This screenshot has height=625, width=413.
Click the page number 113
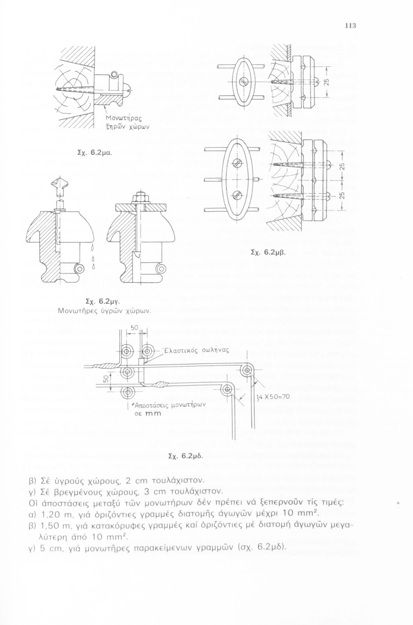coord(350,26)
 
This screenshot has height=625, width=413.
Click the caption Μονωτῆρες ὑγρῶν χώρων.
coord(104,310)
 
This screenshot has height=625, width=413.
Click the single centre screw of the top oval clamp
coord(244,80)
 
